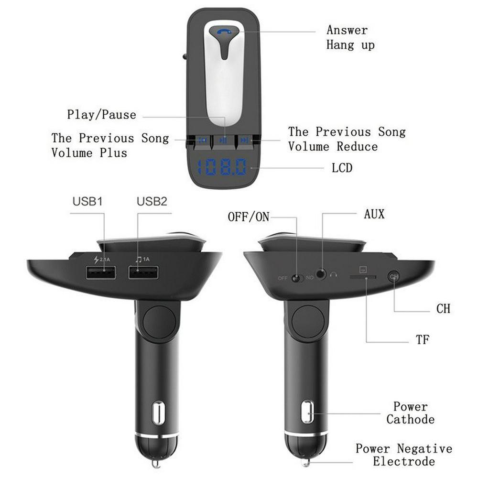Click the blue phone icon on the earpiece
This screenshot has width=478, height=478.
coord(224,31)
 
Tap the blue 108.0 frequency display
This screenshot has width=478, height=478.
coord(222,167)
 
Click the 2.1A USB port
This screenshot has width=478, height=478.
coord(101,272)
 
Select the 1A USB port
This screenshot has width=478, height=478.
coord(143,272)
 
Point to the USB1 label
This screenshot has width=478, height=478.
coord(87,202)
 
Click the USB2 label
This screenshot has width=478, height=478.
coord(152,202)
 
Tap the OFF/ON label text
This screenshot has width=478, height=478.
coord(249,217)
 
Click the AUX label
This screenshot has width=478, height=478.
coord(374,214)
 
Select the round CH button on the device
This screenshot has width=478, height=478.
coord(393,276)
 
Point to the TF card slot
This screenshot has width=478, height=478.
coord(363,277)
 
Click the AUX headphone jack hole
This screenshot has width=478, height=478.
coord(320,273)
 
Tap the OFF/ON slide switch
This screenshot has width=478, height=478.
coord(296,278)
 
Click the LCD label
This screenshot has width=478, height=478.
coord(342,168)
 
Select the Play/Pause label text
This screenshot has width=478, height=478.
coord(101,115)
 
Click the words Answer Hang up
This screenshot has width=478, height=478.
coord(350,37)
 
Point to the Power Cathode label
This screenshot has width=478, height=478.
coord(410,413)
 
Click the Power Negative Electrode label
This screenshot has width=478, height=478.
coord(404,455)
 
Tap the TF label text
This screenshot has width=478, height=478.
coord(423,339)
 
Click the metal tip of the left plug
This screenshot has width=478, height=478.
coord(156,464)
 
